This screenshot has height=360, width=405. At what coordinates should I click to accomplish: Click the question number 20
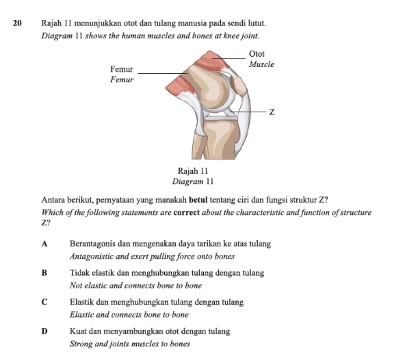[x=18, y=23]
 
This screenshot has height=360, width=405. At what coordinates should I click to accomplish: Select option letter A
[x=44, y=244]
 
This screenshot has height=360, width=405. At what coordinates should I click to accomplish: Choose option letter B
[x=44, y=273]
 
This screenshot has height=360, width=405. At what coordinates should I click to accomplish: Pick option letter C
[x=44, y=302]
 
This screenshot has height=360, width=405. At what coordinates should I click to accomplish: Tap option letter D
[x=44, y=331]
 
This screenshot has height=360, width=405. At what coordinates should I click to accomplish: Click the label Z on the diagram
[x=271, y=112]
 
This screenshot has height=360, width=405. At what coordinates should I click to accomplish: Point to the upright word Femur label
[x=121, y=69]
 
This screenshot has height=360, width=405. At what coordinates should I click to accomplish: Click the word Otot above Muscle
[x=257, y=53]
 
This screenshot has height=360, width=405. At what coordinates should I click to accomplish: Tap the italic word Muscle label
[x=261, y=64]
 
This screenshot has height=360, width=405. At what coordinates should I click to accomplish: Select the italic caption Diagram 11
[x=192, y=181]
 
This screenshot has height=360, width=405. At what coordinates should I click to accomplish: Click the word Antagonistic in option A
[x=93, y=257]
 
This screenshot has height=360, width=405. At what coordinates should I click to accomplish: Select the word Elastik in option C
[x=82, y=302]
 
